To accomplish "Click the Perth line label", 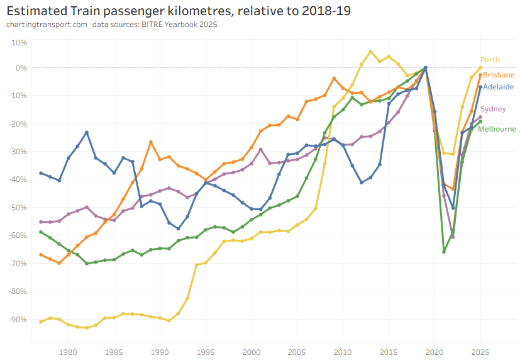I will (490, 60).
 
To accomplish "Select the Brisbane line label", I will (498, 74).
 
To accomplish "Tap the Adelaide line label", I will (498, 86).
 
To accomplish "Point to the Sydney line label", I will (493, 109).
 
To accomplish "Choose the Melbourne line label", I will (497, 129).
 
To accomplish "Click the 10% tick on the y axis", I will (19, 42).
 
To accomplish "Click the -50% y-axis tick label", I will (18, 207).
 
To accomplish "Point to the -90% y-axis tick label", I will (18, 319).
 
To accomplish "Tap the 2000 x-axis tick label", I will (252, 352).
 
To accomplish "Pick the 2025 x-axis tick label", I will (480, 352).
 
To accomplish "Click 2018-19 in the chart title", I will (324, 11).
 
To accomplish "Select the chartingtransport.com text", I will (46, 25).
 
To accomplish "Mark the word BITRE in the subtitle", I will (150, 25).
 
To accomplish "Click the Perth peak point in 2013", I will (370, 52).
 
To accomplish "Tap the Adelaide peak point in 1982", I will (87, 132).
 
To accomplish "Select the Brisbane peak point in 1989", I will (151, 142).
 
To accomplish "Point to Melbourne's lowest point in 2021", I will (444, 252).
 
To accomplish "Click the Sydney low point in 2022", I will (453, 237).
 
